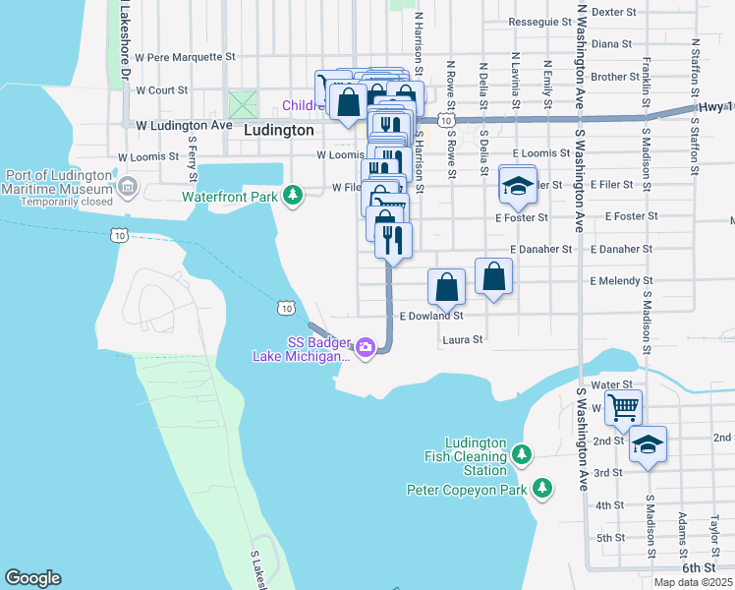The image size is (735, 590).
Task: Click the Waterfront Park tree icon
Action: click(292, 196)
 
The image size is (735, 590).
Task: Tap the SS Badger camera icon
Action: click(366, 347)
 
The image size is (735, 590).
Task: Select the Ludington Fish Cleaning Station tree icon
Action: click(522, 454)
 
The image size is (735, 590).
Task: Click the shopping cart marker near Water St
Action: click(623, 406)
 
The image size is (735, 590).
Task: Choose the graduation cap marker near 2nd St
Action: click(648, 444)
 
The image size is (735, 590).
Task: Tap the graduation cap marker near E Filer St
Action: click(518, 184)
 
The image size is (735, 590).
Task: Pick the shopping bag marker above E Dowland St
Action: click(446, 287)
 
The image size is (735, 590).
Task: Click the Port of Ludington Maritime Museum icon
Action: click(127, 186)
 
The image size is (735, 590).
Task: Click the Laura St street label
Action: click(463, 340)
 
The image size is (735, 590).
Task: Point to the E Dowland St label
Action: click(431, 317)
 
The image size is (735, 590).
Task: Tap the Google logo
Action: click(32, 578)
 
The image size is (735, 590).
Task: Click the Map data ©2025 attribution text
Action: click(693, 582)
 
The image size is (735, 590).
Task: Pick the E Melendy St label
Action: click(629, 281)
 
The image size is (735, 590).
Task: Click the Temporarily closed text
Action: click(57, 202)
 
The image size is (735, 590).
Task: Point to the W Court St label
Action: click(161, 89)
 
